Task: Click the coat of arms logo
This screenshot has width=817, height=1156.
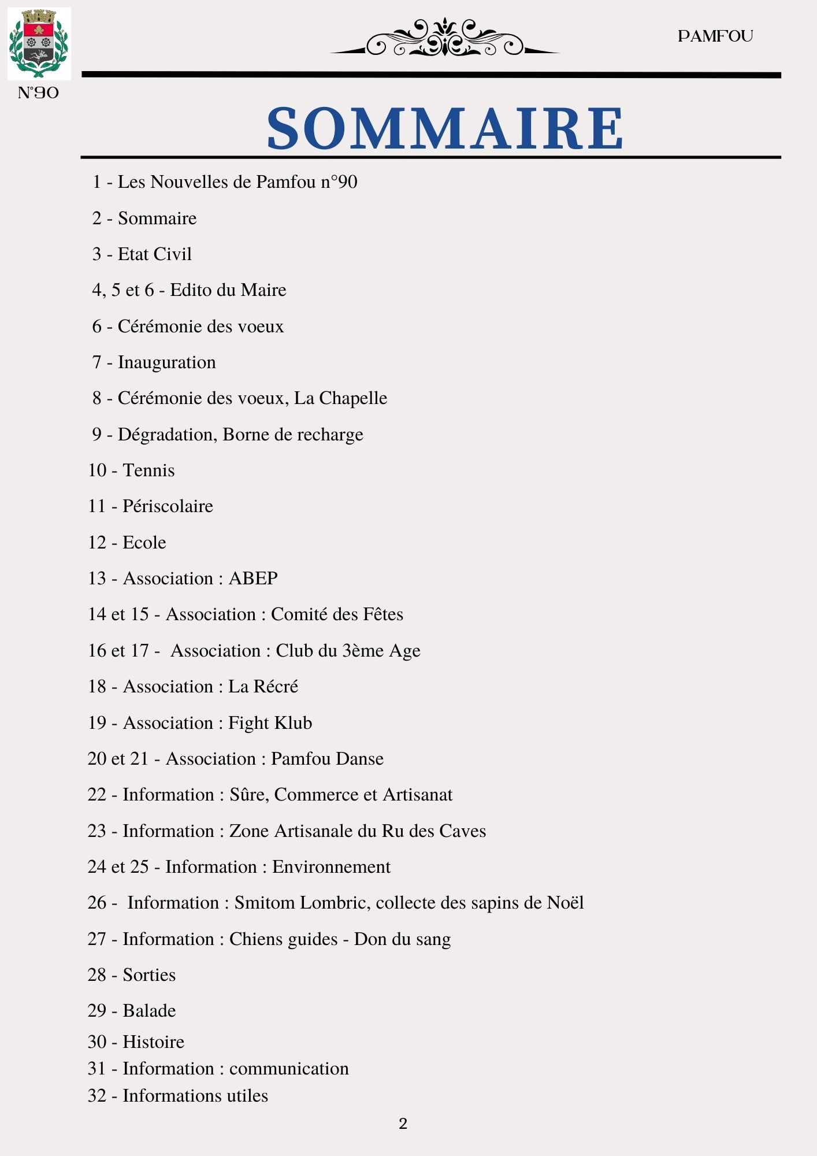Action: point(39,43)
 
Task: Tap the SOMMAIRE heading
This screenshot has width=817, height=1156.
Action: point(444,128)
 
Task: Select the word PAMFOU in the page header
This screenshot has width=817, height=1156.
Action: point(715,36)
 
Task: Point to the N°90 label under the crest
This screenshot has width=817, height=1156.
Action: point(38,93)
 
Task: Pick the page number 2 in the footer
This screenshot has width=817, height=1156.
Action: point(403,1124)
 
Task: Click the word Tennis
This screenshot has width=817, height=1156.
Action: point(148,470)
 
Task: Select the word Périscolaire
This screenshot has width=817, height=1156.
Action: point(168,506)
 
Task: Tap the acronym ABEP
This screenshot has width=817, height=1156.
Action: point(253,579)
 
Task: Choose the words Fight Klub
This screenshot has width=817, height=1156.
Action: point(270,723)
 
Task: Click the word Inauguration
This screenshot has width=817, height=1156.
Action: point(166,362)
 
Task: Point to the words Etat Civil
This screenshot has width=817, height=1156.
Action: point(154,254)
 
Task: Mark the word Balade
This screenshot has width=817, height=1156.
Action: point(149,1011)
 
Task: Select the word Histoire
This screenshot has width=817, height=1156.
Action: point(153,1042)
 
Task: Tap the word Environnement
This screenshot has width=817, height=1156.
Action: point(331,867)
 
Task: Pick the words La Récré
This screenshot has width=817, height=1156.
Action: point(263,687)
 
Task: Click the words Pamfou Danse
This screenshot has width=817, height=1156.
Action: point(327,759)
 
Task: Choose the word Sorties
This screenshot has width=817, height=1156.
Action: point(149,975)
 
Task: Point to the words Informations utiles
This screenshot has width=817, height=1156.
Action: point(195,1096)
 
